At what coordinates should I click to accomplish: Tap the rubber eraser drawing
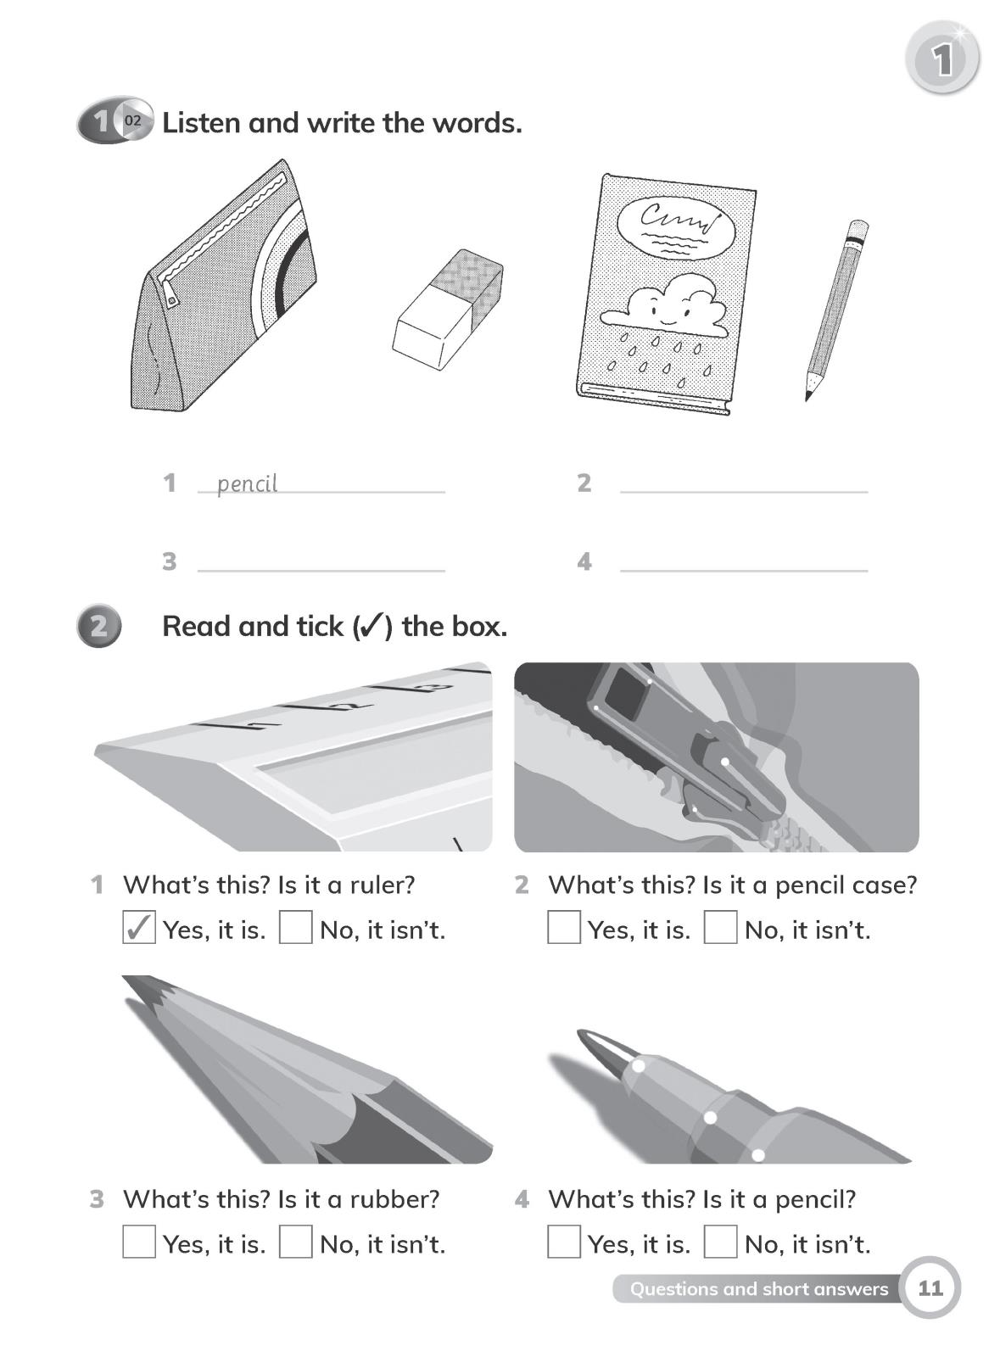coord(448,310)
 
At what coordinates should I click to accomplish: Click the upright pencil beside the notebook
coord(836,310)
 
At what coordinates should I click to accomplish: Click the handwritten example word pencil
coord(247,483)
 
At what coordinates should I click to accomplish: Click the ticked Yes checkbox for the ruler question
coord(139,927)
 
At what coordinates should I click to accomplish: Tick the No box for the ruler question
coord(295,927)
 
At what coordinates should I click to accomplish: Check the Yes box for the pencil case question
coord(564,927)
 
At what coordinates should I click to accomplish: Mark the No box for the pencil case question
coord(720,927)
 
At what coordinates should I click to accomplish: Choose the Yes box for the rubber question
coord(139,1242)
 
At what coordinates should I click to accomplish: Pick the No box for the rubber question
coord(295,1242)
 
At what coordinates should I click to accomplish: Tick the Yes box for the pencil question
coord(564,1242)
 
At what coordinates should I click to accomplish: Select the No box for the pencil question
coord(720,1242)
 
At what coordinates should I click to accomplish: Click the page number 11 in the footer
coord(930,1288)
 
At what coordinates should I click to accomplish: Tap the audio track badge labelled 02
coord(132,120)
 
